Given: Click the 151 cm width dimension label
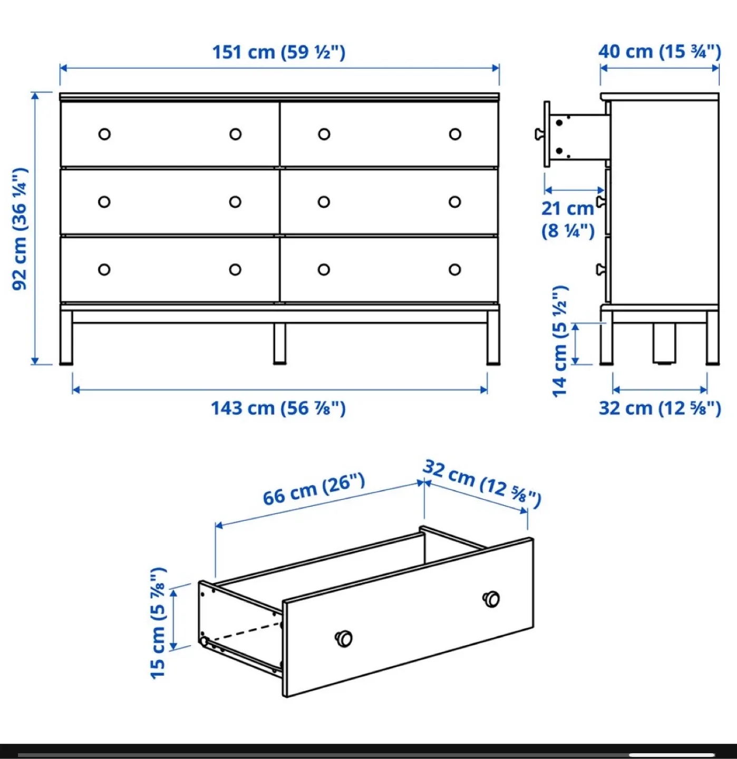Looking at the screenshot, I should [x=278, y=52].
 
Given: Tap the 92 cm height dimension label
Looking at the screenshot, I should [x=20, y=229].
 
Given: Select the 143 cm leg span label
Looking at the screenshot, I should [x=278, y=408].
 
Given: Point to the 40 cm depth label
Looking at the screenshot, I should [x=659, y=52].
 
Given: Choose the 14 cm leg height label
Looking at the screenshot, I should [x=560, y=341].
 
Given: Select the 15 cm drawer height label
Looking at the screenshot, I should [x=158, y=623].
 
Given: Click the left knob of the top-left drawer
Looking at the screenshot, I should [x=104, y=134].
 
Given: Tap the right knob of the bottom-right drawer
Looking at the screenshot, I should [x=455, y=270].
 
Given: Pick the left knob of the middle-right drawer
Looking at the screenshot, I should [x=324, y=202].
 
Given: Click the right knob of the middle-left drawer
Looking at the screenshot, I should [x=235, y=202].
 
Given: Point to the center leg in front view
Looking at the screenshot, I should [x=279, y=343].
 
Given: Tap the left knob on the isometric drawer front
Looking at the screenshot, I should [x=344, y=638].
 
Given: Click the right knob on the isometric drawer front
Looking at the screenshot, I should [x=491, y=599].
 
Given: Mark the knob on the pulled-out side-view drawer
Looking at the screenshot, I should [x=539, y=134].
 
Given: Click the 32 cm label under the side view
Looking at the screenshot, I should [x=659, y=408].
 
